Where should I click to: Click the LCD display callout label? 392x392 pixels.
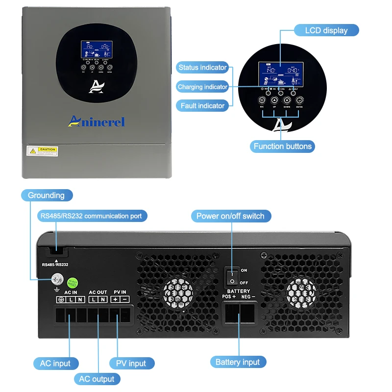pyautogui.click(x=327, y=30)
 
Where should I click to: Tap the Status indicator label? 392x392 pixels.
pyautogui.click(x=202, y=68)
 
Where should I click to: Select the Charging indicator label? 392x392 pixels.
pyautogui.click(x=202, y=87)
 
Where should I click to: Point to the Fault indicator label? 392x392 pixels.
pyautogui.click(x=202, y=105)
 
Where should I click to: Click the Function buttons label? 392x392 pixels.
pyautogui.click(x=282, y=146)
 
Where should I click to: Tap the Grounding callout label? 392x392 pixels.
pyautogui.click(x=46, y=196)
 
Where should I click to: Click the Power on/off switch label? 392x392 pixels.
pyautogui.click(x=230, y=216)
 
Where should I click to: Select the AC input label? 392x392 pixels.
pyautogui.click(x=55, y=364)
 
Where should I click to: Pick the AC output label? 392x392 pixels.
pyautogui.click(x=97, y=379)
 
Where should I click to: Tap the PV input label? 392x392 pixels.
pyautogui.click(x=131, y=364)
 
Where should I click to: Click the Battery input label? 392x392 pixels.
pyautogui.click(x=238, y=362)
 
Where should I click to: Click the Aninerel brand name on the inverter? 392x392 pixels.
pyautogui.click(x=97, y=121)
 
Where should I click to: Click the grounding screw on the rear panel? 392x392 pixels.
pyautogui.click(x=57, y=280)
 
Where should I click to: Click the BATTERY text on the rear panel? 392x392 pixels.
pyautogui.click(x=239, y=291)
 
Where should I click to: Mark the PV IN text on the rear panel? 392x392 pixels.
pyautogui.click(x=120, y=292)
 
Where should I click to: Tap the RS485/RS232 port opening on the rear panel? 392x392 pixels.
pyautogui.click(x=56, y=252)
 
